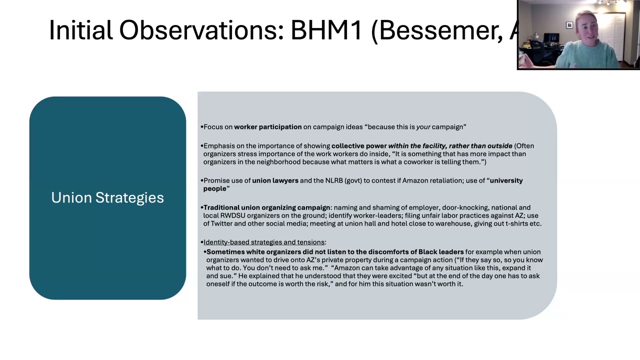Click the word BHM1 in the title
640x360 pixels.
point(326,30)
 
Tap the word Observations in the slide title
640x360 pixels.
point(201,30)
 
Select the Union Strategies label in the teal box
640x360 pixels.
point(107,197)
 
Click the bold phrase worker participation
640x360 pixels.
point(267,127)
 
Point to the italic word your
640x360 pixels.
point(423,127)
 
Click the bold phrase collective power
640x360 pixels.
point(359,146)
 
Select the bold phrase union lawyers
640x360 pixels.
point(275,180)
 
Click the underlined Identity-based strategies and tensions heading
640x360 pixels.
point(264,242)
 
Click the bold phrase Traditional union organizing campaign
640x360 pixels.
point(267,207)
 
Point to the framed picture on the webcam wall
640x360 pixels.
point(569,25)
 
